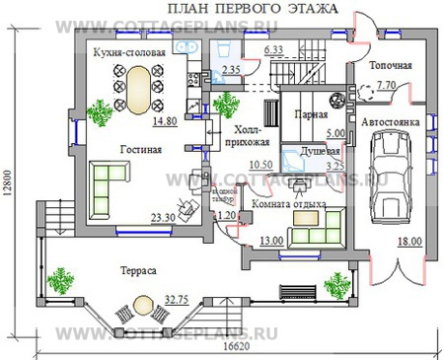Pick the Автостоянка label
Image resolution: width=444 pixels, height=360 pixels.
click(392, 122)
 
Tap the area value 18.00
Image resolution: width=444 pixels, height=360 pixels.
click(408, 241)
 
